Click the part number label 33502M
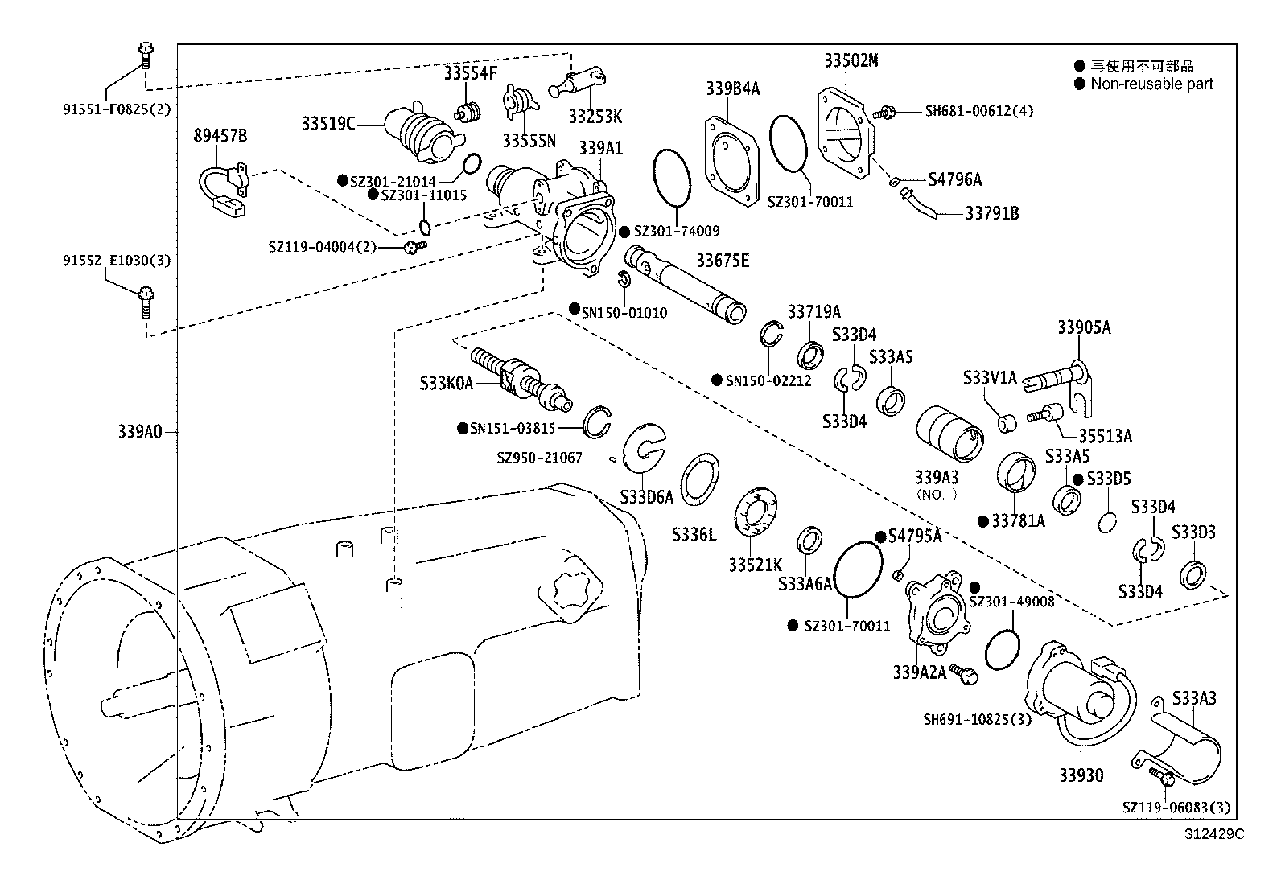pos(851,60)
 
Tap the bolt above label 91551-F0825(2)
pos(145,57)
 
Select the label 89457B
pos(220,135)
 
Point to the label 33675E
pos(722,261)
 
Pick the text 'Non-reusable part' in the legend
pos(1151,84)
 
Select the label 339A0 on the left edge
pos(140,432)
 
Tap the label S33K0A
pos(446,384)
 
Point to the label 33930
pos(1081,775)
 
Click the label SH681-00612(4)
pos(978,111)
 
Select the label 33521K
pos(756,565)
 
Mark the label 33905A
pos(1083,327)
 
